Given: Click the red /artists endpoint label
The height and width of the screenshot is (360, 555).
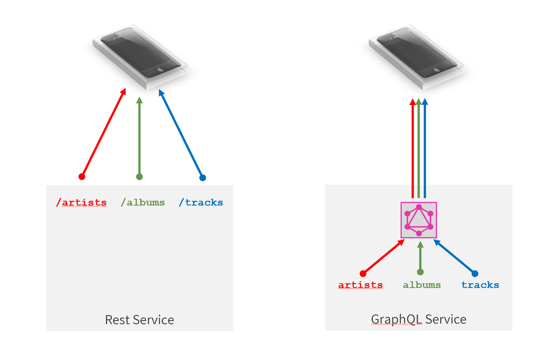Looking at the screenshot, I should [81, 202].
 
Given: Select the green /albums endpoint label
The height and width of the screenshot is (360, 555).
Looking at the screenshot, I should [143, 202].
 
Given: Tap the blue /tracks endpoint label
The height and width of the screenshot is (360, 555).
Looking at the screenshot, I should [201, 202].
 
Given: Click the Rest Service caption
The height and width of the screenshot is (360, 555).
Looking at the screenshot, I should [139, 320].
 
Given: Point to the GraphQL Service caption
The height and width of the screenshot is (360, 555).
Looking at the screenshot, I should [419, 319].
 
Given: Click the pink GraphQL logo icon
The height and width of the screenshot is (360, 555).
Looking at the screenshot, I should [419, 220].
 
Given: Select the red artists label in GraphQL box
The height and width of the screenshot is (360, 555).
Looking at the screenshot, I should [360, 285].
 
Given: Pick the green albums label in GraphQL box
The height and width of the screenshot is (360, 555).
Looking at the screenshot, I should [422, 285].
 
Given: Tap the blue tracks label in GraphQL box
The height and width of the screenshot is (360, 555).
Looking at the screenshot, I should [480, 285].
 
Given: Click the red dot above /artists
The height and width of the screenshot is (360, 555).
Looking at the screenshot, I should [82, 177].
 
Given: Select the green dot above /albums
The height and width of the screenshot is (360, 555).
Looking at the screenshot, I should [139, 177].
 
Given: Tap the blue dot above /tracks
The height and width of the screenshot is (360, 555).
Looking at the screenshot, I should [203, 178].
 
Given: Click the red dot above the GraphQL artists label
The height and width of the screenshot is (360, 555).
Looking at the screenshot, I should [363, 274].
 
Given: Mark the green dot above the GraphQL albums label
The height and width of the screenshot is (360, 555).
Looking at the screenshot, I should [420, 272].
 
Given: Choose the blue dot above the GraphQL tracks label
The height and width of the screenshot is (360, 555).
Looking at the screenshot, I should [475, 274].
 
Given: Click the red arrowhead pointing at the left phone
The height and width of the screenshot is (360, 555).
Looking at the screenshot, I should [123, 91].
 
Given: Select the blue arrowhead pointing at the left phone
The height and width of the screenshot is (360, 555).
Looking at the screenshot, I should [161, 93].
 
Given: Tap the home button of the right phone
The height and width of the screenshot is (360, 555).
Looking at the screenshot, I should [437, 69].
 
